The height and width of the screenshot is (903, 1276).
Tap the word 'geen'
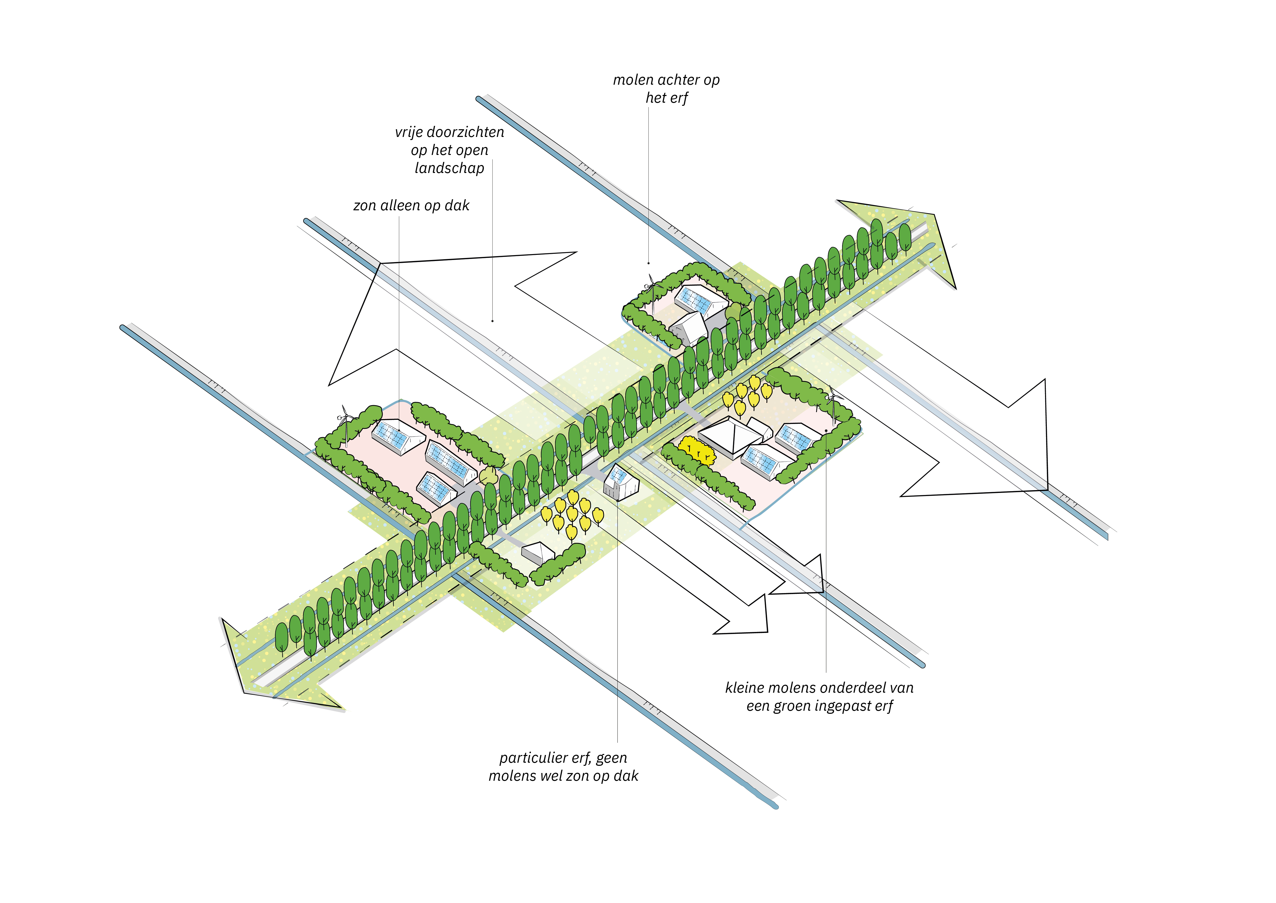[x=611, y=758]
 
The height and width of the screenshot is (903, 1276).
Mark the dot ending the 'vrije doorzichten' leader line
[x=492, y=321]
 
